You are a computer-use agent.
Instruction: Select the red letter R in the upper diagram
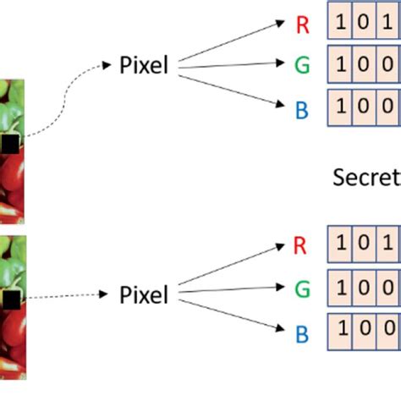[302, 25]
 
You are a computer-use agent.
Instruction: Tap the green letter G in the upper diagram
[303, 64]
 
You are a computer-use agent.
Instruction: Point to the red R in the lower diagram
[298, 246]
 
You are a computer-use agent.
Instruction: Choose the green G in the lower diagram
[301, 290]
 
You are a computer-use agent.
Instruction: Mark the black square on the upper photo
[9, 145]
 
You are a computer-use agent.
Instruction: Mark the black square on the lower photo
[9, 299]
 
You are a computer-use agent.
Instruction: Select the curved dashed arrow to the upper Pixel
[63, 93]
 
